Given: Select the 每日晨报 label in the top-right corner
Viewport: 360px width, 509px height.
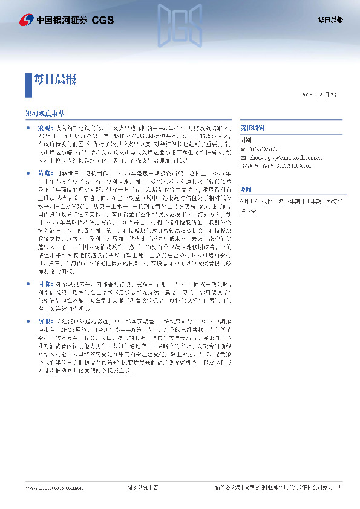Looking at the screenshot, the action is (x=330, y=20).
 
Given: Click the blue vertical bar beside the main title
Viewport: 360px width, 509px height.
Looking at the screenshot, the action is (x=28, y=85).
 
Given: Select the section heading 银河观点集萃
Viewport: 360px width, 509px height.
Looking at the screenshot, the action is (x=45, y=114).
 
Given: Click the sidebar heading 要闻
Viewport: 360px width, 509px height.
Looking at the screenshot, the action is (x=246, y=189).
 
